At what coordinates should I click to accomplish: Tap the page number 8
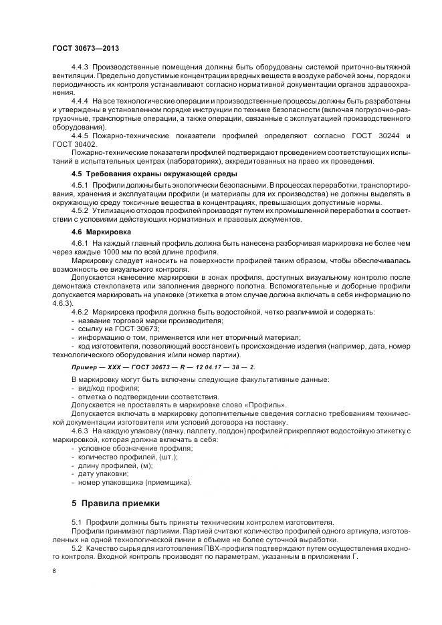(53, 571)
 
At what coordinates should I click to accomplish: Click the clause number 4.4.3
(80, 68)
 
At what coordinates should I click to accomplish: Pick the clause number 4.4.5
(80, 136)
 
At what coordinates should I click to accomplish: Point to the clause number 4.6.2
(80, 312)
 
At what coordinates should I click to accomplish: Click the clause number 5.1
(76, 521)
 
